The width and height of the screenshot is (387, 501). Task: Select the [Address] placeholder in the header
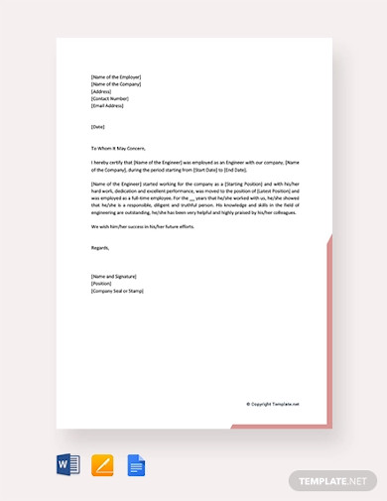click(x=100, y=92)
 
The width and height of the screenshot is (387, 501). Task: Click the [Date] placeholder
click(x=97, y=127)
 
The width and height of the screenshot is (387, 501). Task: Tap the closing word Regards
click(x=100, y=246)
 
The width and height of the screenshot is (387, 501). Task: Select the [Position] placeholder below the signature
click(x=101, y=284)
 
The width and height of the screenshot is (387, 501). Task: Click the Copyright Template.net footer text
click(x=273, y=404)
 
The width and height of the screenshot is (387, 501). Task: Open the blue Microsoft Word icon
click(x=68, y=464)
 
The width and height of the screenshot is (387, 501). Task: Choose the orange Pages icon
click(x=102, y=464)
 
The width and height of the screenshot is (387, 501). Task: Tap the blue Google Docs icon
click(x=136, y=464)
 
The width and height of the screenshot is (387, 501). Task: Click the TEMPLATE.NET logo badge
click(x=332, y=479)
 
